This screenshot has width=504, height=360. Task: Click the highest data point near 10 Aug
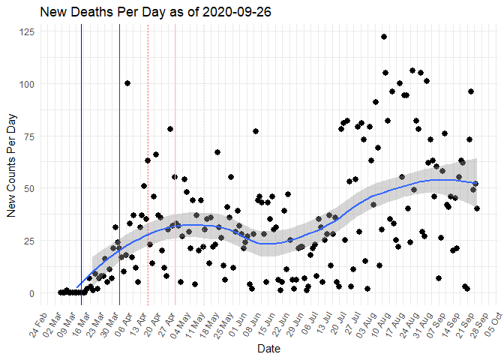tap(383, 37)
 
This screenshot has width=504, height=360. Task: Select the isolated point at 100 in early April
tap(127, 83)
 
